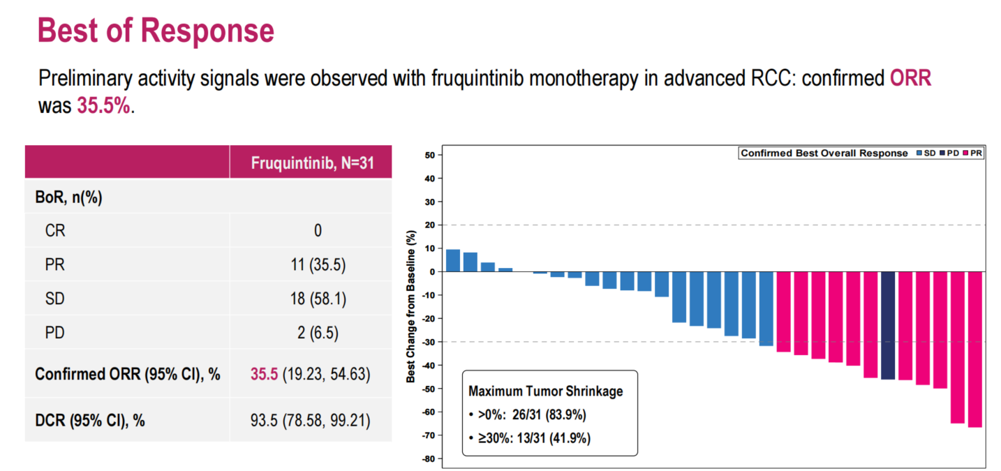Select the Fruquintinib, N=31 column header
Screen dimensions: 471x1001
point(311,163)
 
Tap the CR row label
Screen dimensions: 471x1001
point(55,230)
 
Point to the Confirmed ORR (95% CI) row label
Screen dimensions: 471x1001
point(128,374)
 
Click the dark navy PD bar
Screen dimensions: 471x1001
point(888,325)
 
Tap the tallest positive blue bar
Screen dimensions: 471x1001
point(453,260)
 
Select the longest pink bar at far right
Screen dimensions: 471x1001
point(974,349)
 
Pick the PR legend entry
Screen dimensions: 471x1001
point(972,153)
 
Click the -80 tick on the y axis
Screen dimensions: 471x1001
point(427,458)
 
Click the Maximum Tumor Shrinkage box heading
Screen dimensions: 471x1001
point(545,391)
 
